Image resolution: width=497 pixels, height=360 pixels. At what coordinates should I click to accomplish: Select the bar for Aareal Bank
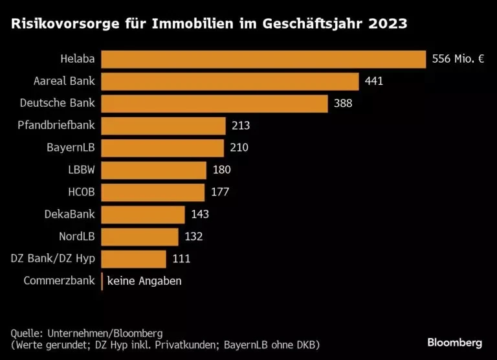coord(230,82)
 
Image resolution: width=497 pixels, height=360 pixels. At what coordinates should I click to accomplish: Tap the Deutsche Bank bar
coord(215,104)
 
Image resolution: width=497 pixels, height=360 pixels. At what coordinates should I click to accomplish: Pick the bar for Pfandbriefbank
coord(164,126)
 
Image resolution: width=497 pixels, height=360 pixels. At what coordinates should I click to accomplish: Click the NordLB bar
coord(140,236)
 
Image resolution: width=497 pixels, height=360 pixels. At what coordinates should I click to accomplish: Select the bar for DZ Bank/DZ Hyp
coord(134,259)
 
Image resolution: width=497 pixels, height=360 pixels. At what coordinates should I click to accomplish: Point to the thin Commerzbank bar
coord(102,281)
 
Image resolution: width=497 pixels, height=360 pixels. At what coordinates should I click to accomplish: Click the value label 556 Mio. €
coord(458,60)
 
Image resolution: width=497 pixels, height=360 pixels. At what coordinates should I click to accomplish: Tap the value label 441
coord(374,82)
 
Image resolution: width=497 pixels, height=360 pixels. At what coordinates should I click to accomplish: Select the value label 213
coord(240,126)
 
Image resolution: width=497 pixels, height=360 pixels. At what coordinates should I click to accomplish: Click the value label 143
coord(199,214)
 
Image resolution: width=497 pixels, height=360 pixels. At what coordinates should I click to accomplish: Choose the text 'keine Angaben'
coord(144,281)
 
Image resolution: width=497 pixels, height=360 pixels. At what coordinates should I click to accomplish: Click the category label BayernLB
coord(71,148)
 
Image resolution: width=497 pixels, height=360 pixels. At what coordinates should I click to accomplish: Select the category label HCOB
coord(80,192)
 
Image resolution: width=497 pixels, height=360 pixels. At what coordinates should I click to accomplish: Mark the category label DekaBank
coord(69,214)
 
